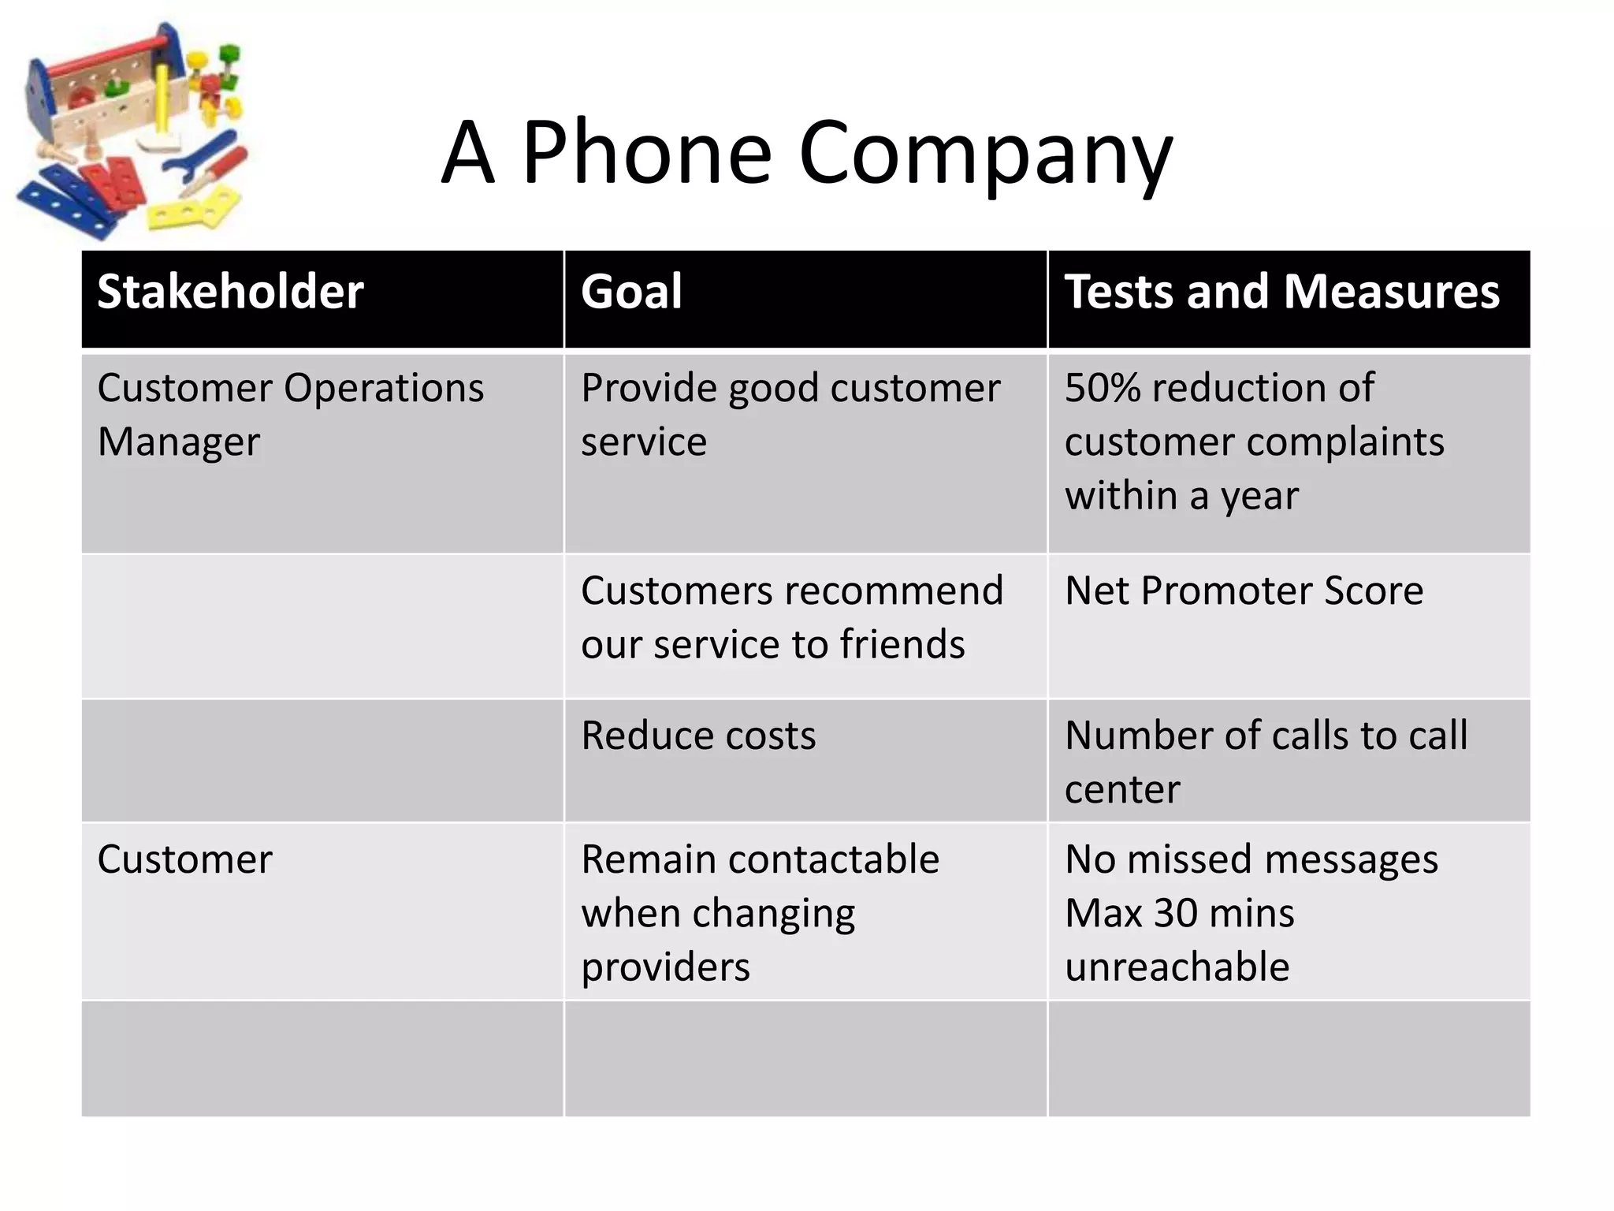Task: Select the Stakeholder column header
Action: click(230, 292)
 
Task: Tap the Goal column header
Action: click(631, 292)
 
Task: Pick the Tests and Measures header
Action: click(1281, 292)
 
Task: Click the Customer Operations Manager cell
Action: click(290, 415)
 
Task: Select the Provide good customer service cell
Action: click(790, 415)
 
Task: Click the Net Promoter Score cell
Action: click(1244, 591)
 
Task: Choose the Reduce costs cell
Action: click(698, 736)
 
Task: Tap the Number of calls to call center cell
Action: click(1266, 762)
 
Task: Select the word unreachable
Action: click(1177, 967)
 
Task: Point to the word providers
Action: click(665, 967)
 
